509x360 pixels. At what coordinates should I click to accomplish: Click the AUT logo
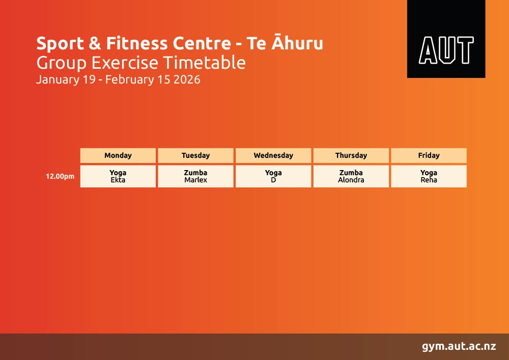coord(446,39)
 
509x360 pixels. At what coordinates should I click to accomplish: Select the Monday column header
coord(118,155)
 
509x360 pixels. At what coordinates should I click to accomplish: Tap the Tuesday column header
coord(196,155)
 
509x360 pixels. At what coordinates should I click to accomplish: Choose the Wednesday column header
coord(273,155)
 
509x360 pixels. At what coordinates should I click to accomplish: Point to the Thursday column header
coord(351,155)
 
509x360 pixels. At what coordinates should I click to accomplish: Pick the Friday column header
coord(429,155)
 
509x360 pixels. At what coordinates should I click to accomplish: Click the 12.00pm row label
coord(60,177)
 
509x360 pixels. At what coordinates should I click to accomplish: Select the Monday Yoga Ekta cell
coord(118,176)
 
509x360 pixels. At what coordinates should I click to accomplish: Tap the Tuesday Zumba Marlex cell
coord(196,176)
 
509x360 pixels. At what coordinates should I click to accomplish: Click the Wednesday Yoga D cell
coord(273,176)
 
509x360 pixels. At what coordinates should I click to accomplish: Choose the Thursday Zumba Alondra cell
coord(351,176)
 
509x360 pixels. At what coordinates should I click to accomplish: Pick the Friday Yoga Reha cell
coord(429,176)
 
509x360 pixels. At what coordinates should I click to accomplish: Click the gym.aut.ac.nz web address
coord(459,346)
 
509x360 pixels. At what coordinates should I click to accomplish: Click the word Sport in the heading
coord(60,44)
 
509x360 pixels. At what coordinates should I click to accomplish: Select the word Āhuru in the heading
coord(297,42)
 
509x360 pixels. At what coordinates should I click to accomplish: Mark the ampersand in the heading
coord(95,43)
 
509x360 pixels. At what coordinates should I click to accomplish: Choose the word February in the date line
coord(132,80)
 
